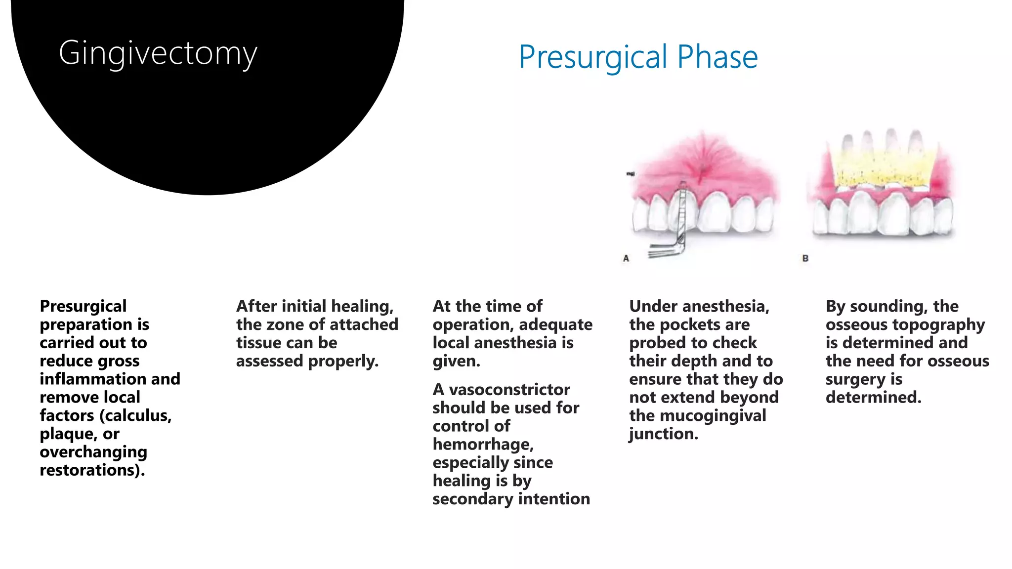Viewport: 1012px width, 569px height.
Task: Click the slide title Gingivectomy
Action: pyautogui.click(x=158, y=53)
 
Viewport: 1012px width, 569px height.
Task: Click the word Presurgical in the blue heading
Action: pyautogui.click(x=593, y=57)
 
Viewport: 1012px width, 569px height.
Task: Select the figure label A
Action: pyautogui.click(x=626, y=258)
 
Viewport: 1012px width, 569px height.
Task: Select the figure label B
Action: pyautogui.click(x=805, y=258)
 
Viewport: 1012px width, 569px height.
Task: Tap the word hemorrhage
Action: pyautogui.click(x=483, y=445)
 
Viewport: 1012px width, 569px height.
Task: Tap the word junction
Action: pyautogui.click(x=663, y=434)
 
